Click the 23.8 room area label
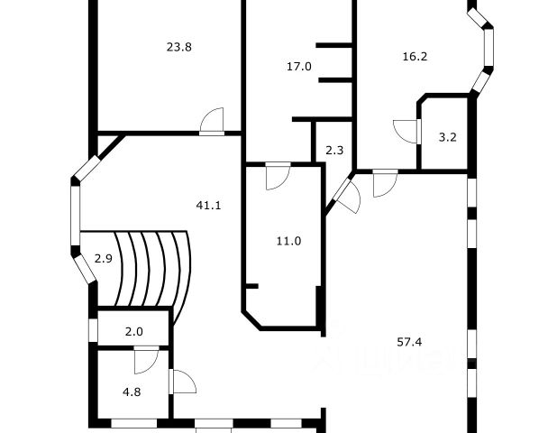pyautogui.click(x=178, y=48)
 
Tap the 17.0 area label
pyautogui.click(x=299, y=66)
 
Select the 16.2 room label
pyautogui.click(x=414, y=56)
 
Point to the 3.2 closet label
pyautogui.click(x=447, y=137)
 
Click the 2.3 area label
pyautogui.click(x=333, y=151)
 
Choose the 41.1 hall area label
pyautogui.click(x=209, y=205)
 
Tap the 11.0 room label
pyautogui.click(x=288, y=241)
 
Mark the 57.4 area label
pyautogui.click(x=410, y=342)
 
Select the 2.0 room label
pyautogui.click(x=133, y=331)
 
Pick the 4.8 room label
pyautogui.click(x=132, y=392)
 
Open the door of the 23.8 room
pyautogui.click(x=212, y=122)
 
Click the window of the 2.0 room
pyautogui.click(x=92, y=330)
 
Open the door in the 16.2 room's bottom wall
pyautogui.click(x=384, y=182)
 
